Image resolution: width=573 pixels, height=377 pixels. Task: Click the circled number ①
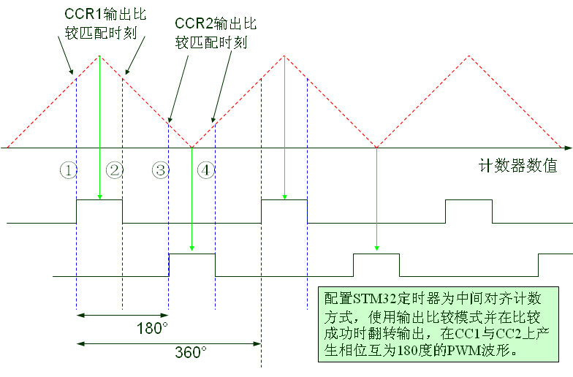68,170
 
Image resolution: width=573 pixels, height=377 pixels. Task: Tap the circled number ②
114,170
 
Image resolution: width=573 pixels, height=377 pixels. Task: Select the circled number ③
161,170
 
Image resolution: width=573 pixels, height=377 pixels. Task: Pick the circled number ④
206,170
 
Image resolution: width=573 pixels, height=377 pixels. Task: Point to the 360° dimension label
191,352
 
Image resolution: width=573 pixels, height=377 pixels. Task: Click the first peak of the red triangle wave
99,55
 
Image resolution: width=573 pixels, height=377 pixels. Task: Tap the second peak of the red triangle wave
284,55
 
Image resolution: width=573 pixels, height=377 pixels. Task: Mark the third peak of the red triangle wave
468,55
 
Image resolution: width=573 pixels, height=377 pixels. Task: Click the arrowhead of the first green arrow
99,196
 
